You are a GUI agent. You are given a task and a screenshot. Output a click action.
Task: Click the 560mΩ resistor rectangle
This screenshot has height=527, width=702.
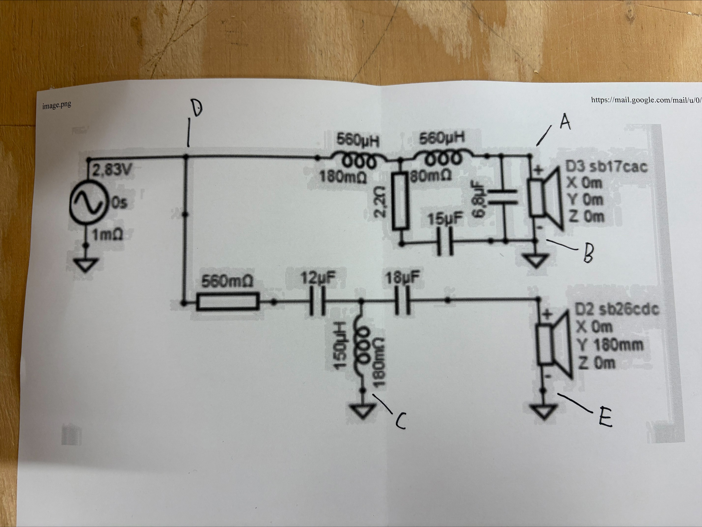[x=228, y=302]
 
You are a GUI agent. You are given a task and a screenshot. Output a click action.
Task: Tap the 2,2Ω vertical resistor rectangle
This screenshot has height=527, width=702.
[x=401, y=201]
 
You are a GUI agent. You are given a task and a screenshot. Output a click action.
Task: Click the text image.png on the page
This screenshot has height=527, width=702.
[x=57, y=105]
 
